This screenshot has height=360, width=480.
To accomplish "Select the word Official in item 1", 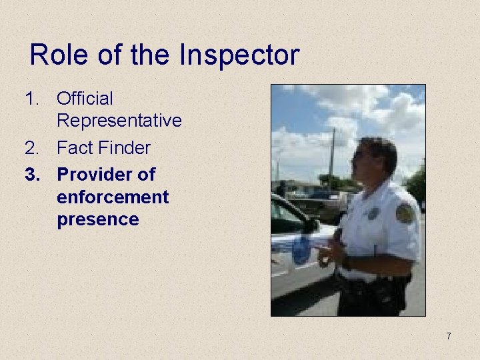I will pos(85,99).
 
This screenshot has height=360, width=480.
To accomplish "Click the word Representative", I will pos(119,121).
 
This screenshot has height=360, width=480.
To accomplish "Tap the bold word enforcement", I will pos(113,197).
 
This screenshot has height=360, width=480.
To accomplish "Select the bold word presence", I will pos(98,219).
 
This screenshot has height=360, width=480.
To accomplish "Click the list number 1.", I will pos(32,99).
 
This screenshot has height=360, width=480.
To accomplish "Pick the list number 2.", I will pos(33,147).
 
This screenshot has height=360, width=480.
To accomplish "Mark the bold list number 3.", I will pos(33,175).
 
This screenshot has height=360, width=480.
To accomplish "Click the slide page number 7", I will pos(449,336).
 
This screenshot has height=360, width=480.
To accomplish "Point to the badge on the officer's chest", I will pos(373,213).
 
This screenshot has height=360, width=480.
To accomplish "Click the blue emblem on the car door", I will pos(301,251).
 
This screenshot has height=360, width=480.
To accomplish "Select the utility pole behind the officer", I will pos(331,157).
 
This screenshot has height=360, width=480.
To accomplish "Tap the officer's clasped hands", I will pos(329,253).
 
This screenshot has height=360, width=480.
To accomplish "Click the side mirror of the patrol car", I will pos(312,225).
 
